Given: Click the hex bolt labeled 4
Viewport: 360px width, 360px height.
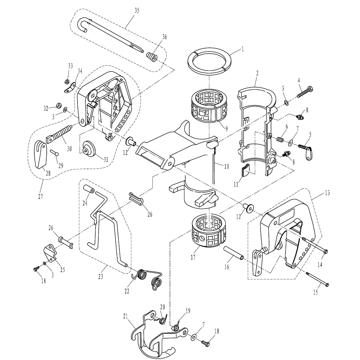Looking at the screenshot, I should click(305, 91).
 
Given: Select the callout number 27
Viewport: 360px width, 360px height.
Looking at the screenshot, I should click(40, 197).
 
